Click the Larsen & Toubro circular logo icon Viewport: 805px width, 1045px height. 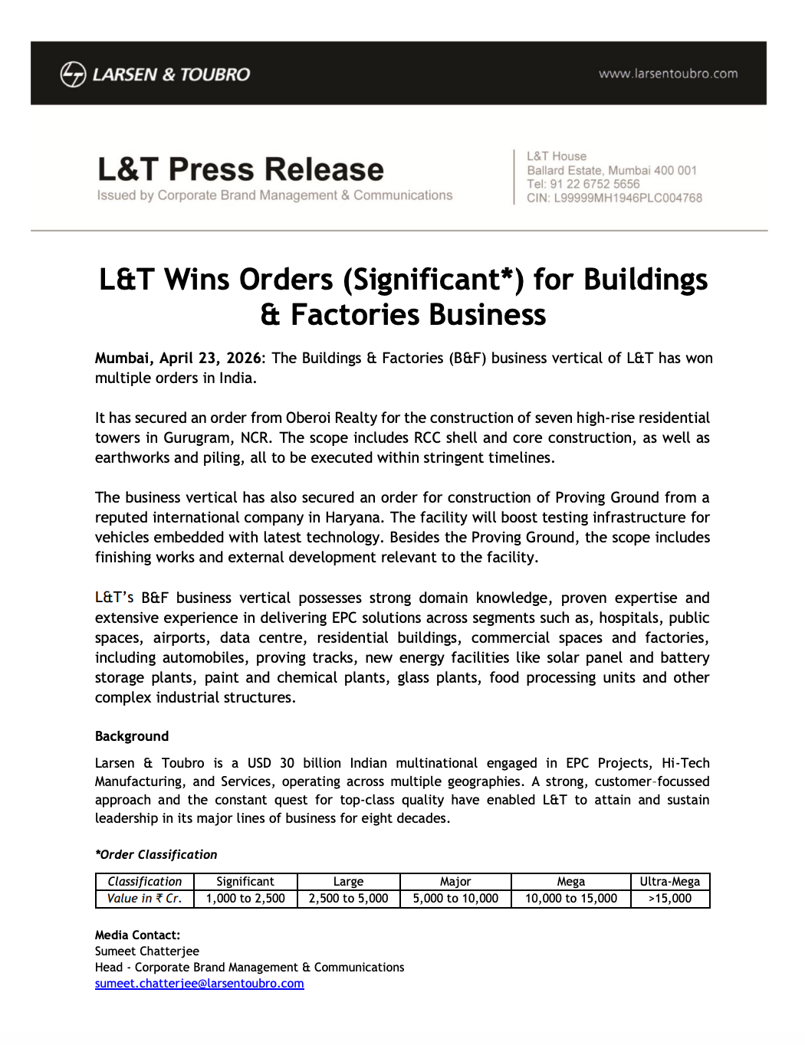click(x=73, y=74)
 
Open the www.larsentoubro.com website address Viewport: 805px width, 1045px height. click(x=668, y=74)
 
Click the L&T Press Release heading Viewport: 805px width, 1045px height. click(x=241, y=169)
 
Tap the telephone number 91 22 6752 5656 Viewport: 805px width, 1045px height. click(x=594, y=184)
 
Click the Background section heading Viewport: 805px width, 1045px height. click(x=132, y=736)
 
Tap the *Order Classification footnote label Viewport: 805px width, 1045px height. click(x=156, y=854)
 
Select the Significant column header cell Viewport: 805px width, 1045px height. click(x=245, y=882)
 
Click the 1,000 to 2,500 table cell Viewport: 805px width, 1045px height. click(x=245, y=899)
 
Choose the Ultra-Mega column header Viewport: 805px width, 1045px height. click(x=669, y=882)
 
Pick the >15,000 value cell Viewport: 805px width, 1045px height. click(x=669, y=899)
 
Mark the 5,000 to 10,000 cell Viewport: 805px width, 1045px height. click(x=455, y=899)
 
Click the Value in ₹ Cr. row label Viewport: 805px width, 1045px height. click(x=144, y=899)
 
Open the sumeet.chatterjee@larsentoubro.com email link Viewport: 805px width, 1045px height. click(x=199, y=984)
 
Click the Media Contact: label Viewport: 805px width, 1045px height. click(x=137, y=935)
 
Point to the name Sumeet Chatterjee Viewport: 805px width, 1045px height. click(x=147, y=952)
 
